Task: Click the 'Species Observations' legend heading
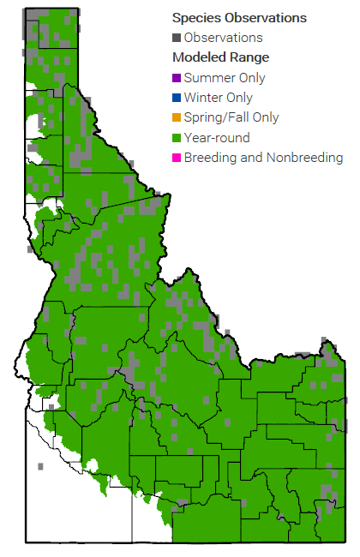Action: click(x=239, y=17)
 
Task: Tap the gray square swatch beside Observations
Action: click(x=177, y=38)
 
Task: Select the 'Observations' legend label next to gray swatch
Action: click(x=223, y=38)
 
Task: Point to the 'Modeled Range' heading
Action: click(x=220, y=57)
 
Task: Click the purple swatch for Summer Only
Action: click(x=177, y=78)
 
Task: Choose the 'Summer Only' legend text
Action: click(x=225, y=78)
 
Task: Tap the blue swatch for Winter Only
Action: click(x=177, y=98)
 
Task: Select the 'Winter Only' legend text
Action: click(x=218, y=98)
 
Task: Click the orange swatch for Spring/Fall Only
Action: click(x=177, y=117)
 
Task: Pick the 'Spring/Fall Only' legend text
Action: click(x=231, y=117)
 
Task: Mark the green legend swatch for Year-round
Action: click(x=177, y=138)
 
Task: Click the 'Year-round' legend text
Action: click(x=217, y=138)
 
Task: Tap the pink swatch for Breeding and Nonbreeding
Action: click(x=177, y=158)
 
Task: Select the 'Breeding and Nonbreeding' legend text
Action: click(x=263, y=158)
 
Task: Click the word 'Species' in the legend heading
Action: click(x=196, y=17)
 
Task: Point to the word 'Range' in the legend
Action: click(x=249, y=57)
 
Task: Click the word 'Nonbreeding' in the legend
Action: click(x=306, y=158)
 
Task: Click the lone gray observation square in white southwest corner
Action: click(x=39, y=467)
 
